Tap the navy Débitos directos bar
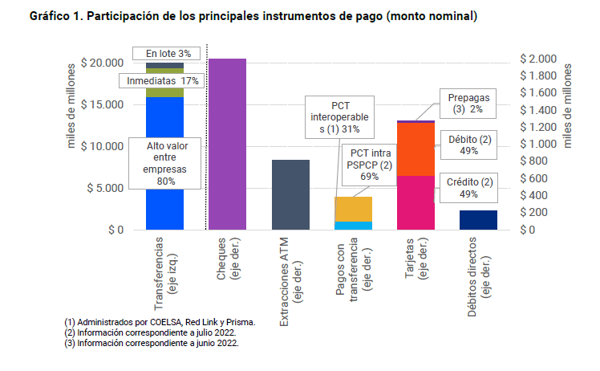pyautogui.click(x=478, y=220)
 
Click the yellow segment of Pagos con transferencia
pyautogui.click(x=353, y=209)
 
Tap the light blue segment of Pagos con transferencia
pyautogui.click(x=353, y=226)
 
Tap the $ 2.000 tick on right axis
pyautogui.click(x=537, y=59)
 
